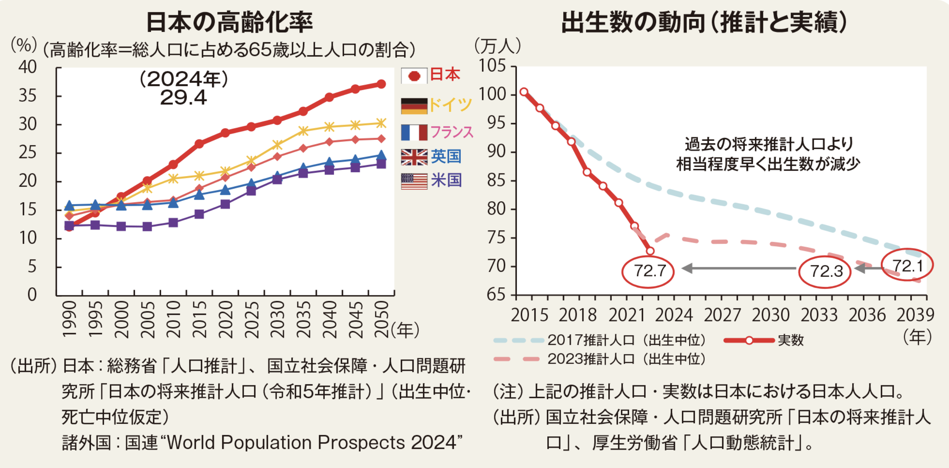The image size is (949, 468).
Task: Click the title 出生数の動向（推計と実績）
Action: point(704,22)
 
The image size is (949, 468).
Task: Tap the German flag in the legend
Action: point(414,106)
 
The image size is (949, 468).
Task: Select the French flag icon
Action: point(414,133)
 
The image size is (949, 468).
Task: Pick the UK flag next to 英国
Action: point(414,157)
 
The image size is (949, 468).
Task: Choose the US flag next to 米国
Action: point(414,181)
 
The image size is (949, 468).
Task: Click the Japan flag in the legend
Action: point(414,76)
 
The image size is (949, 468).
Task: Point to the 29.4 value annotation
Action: point(183,98)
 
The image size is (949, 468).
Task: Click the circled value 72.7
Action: point(648,271)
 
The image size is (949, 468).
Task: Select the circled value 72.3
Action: point(825,271)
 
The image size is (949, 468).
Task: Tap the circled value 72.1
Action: point(907,266)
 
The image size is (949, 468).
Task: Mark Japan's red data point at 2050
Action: point(381,84)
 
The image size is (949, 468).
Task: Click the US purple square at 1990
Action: point(69,226)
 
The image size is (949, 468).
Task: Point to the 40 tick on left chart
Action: point(28,67)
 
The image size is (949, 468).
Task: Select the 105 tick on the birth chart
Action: point(492,66)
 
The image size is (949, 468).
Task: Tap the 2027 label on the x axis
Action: point(722,315)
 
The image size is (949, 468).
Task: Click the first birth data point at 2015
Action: point(524,92)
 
